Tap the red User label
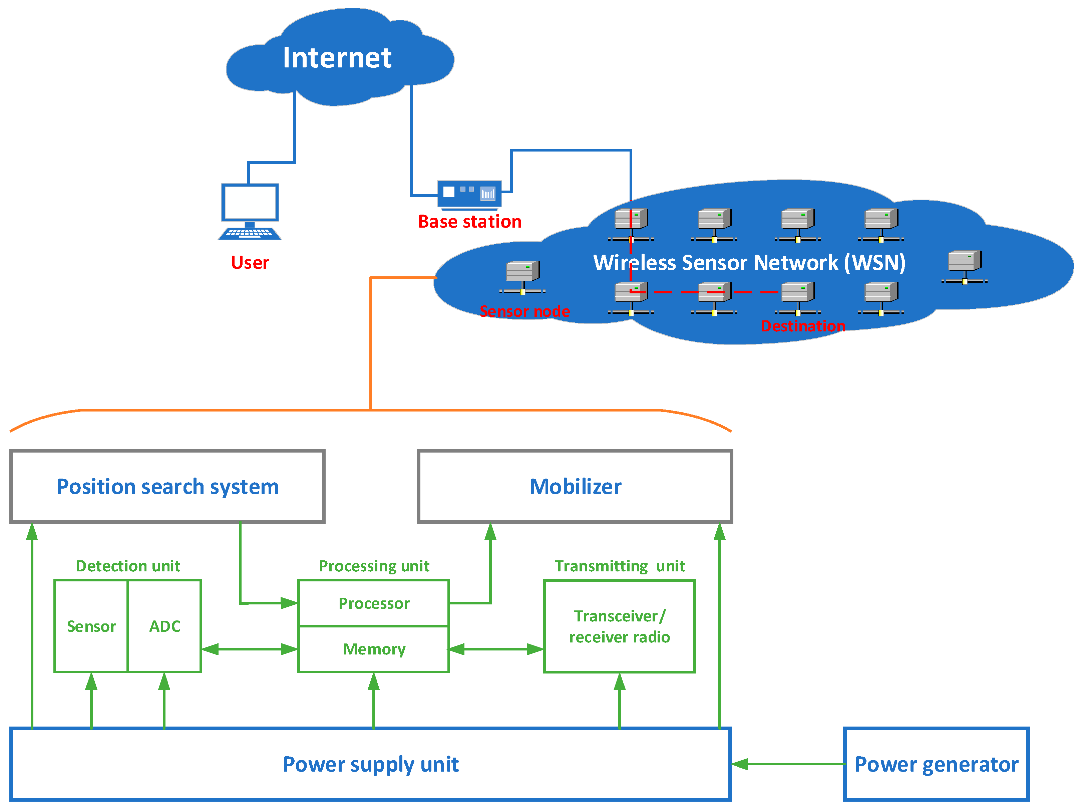250,263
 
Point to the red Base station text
469,222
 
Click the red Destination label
802,326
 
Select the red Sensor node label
524,311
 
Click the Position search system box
167,486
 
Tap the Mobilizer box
575,486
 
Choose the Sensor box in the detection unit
91,626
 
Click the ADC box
165,626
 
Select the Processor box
374,603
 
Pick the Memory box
374,649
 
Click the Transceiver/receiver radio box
619,626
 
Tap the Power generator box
936,764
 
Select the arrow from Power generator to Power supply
788,764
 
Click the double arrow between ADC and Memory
250,649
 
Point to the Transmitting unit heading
619,566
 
